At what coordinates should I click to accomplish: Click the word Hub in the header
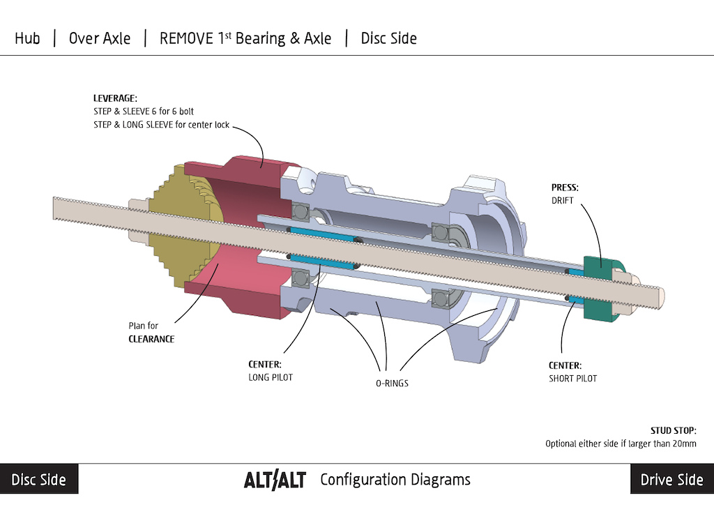(27, 38)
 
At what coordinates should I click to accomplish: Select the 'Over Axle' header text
(99, 38)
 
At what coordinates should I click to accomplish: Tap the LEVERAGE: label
(115, 98)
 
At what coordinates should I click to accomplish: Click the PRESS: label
(565, 188)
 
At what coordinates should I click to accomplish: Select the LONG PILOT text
(271, 377)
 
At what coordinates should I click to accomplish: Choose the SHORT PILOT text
(572, 379)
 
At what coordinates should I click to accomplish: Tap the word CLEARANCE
(151, 339)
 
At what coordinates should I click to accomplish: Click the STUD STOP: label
(673, 431)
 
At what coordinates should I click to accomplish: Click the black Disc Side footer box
(39, 480)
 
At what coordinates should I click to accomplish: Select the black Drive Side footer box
(671, 480)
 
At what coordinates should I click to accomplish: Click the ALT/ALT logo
(275, 480)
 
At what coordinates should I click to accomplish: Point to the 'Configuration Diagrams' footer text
(395, 480)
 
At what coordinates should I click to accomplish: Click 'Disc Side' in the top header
(388, 38)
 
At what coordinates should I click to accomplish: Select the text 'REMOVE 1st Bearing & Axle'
(245, 38)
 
